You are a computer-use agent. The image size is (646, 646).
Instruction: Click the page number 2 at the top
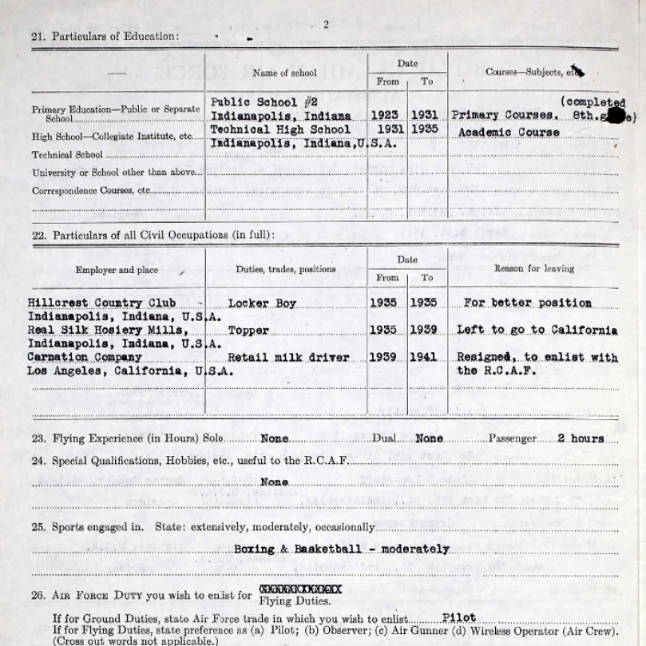pyautogui.click(x=326, y=25)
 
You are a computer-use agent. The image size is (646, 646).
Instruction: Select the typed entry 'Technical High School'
pyautogui.click(x=280, y=129)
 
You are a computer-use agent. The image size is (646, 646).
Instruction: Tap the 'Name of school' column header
pyautogui.click(x=285, y=73)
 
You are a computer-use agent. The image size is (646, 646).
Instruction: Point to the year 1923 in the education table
pyautogui.click(x=385, y=116)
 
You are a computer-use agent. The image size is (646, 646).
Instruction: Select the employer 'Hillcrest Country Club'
pyautogui.click(x=101, y=303)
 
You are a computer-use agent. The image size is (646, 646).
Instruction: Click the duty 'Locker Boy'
pyautogui.click(x=262, y=303)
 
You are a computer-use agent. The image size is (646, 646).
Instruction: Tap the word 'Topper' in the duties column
pyautogui.click(x=248, y=330)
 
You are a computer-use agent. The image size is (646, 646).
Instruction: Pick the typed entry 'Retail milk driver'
pyautogui.click(x=288, y=357)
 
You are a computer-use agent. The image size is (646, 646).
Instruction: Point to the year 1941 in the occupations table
pyautogui.click(x=423, y=357)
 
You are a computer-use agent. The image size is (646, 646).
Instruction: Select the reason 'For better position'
pyautogui.click(x=528, y=303)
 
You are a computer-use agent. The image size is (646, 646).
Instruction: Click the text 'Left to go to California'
pyautogui.click(x=537, y=330)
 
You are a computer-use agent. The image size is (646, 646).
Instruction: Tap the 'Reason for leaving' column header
pyautogui.click(x=533, y=269)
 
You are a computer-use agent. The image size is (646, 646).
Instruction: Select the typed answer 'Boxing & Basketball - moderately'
pyautogui.click(x=342, y=549)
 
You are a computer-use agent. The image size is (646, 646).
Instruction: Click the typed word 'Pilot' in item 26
pyautogui.click(x=458, y=618)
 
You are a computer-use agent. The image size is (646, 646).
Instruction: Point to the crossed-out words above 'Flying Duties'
pyautogui.click(x=300, y=589)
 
